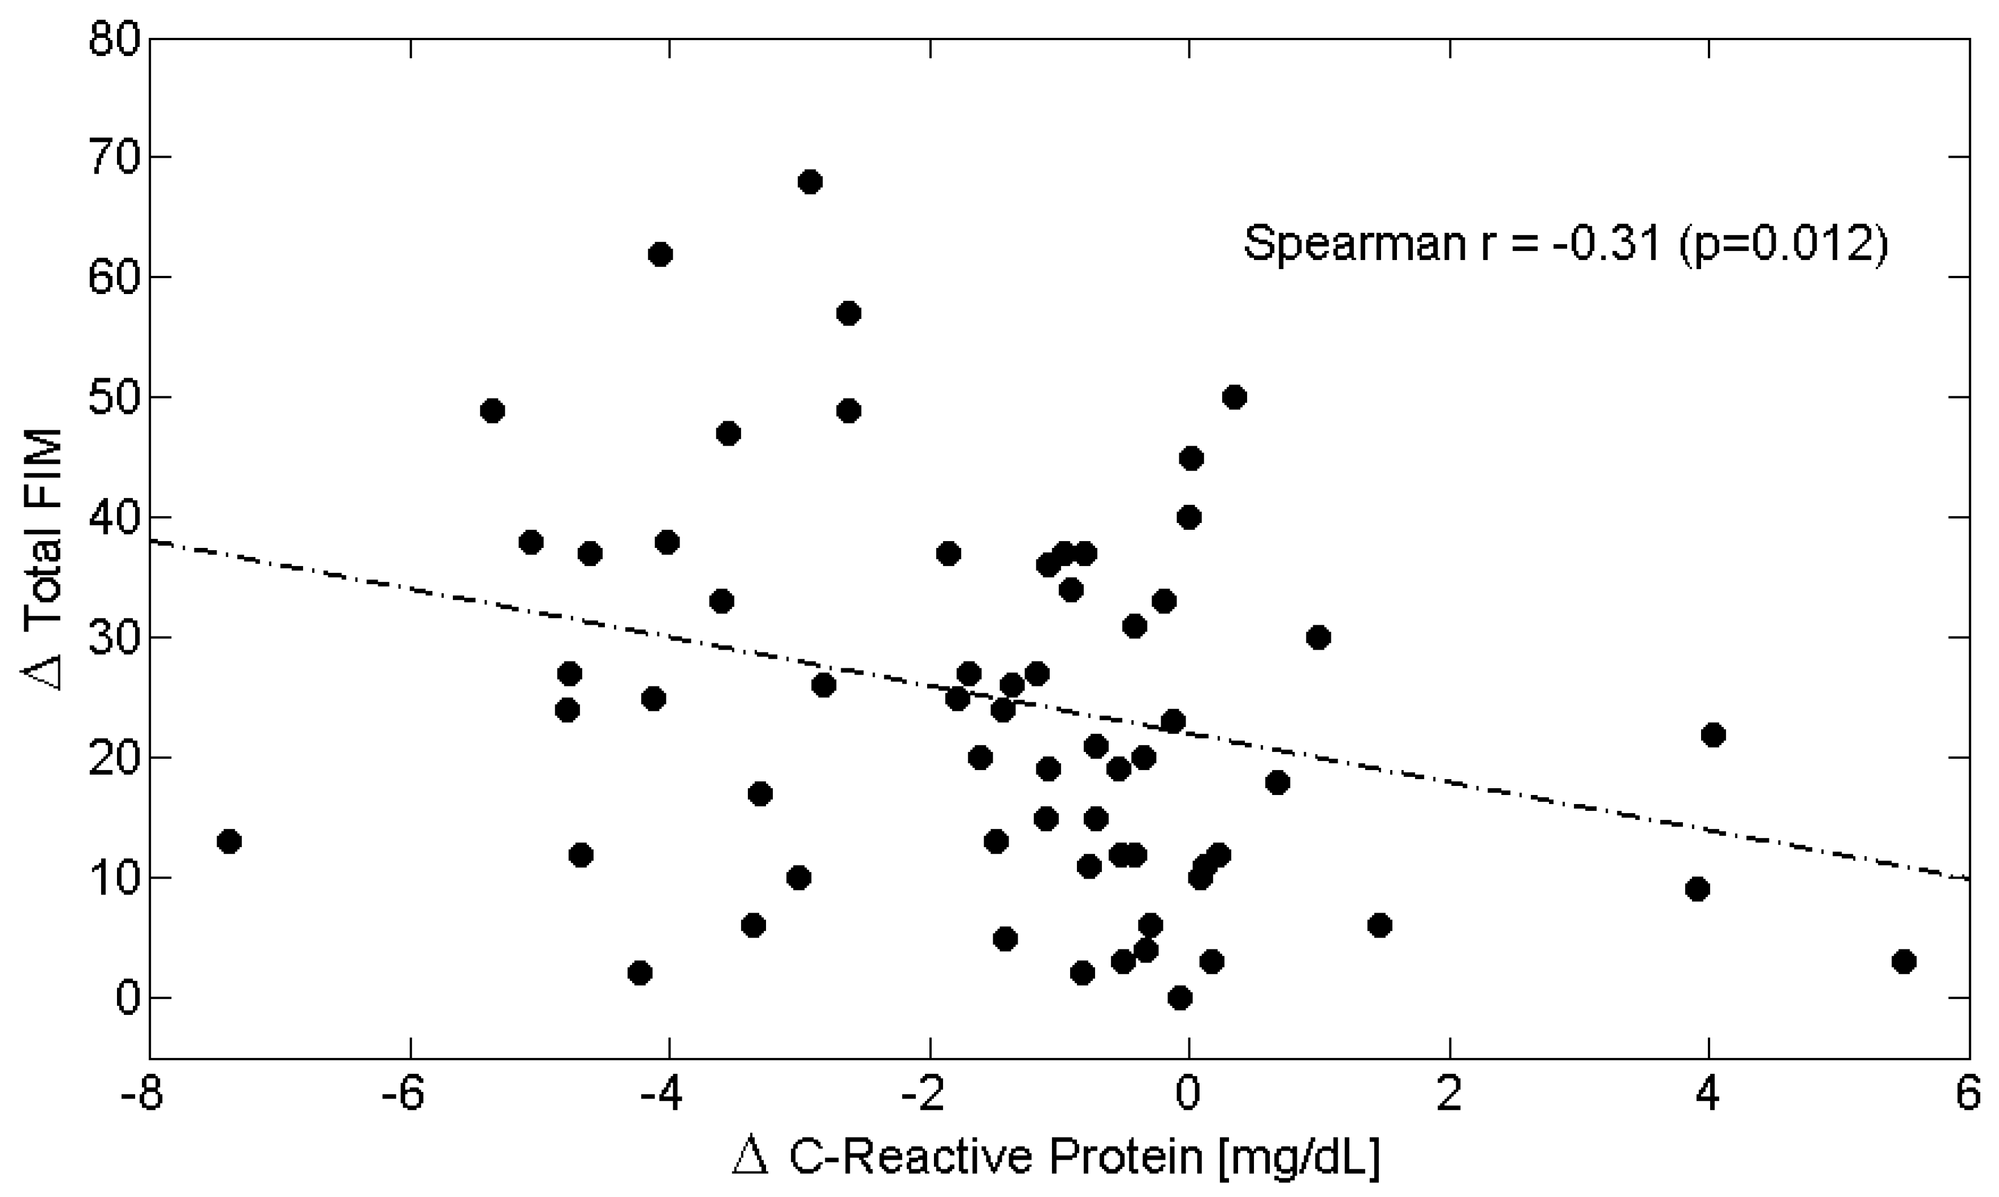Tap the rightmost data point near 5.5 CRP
tap(1904, 961)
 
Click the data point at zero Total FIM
tap(1180, 999)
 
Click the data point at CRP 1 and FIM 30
tap(1318, 638)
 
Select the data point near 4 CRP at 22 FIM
tap(1713, 735)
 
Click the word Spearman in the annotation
tap(1354, 243)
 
